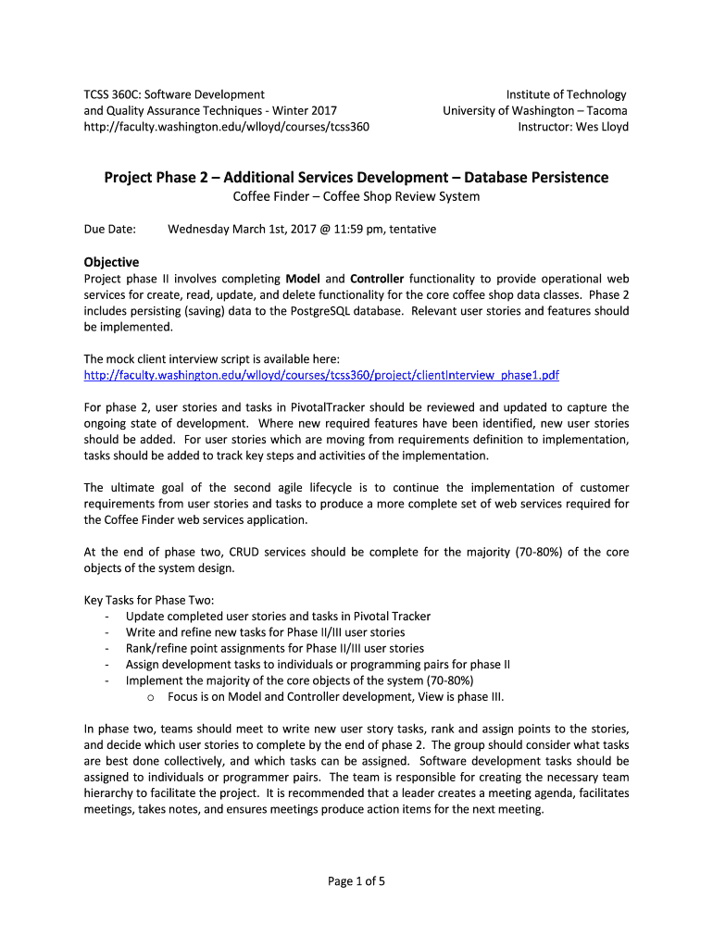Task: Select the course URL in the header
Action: tap(226, 127)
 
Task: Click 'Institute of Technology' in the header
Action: tap(566, 94)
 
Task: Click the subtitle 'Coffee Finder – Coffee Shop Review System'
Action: tap(356, 196)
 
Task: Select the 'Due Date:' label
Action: tap(109, 229)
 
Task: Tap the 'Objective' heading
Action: tap(111, 262)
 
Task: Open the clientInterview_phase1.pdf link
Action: tap(321, 375)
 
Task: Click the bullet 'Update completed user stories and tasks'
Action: tap(278, 616)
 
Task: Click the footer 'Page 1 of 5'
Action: tap(356, 881)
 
